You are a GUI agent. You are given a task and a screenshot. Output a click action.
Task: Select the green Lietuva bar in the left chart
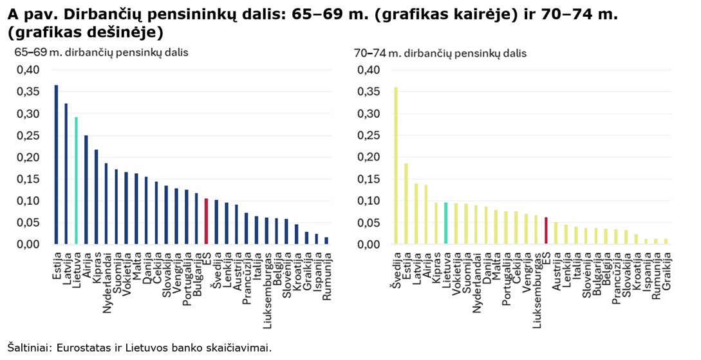[x=75, y=181]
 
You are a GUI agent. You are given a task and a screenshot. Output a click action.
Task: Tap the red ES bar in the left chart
[x=207, y=222]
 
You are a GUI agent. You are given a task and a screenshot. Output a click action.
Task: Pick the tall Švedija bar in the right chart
[x=395, y=166]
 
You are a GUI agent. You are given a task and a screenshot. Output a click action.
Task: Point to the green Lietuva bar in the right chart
[x=445, y=223]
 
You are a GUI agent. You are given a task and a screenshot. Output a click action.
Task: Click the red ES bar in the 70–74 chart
[x=546, y=231]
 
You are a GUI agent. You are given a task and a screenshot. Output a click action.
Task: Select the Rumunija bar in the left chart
[x=326, y=241]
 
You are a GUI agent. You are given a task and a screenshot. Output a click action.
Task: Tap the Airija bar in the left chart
[x=86, y=190]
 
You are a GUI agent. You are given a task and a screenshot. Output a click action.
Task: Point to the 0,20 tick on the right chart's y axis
[x=367, y=157]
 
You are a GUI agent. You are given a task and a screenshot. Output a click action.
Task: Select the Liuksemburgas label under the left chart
[x=266, y=284]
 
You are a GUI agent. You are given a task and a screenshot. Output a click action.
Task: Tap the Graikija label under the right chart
[x=666, y=270]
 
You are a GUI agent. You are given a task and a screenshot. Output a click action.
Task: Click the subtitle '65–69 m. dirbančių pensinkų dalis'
[x=102, y=53]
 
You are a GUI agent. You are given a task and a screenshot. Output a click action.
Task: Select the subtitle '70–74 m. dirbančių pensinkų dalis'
[x=440, y=53]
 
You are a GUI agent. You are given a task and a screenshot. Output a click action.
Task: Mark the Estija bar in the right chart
[x=406, y=204]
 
